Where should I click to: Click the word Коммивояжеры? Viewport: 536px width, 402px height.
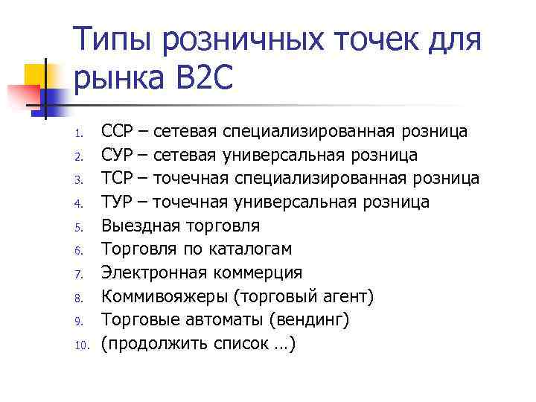tap(164, 296)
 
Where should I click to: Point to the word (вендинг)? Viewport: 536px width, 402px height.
tap(309, 319)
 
